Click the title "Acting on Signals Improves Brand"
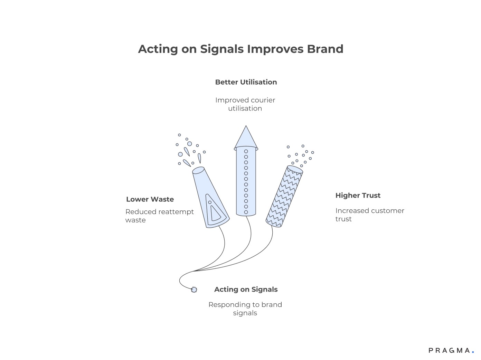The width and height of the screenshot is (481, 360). (x=240, y=49)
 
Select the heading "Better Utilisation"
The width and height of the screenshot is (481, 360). (x=246, y=82)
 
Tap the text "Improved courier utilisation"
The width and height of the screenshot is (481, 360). (x=245, y=104)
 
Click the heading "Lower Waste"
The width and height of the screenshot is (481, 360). (x=150, y=199)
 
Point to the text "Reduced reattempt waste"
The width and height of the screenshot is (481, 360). (x=159, y=216)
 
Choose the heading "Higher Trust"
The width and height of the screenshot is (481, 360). (x=358, y=196)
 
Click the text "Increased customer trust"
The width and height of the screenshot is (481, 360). (x=369, y=215)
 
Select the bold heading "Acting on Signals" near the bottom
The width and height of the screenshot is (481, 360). (x=246, y=290)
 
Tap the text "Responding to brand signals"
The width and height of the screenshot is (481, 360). (x=245, y=309)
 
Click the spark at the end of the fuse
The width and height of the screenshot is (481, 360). (x=194, y=290)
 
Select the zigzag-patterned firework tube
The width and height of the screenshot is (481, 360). (x=284, y=196)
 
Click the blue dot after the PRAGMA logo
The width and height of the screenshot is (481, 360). (x=473, y=352)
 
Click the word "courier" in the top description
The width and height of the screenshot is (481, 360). (x=261, y=100)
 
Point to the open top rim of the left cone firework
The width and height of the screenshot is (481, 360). (x=198, y=170)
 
